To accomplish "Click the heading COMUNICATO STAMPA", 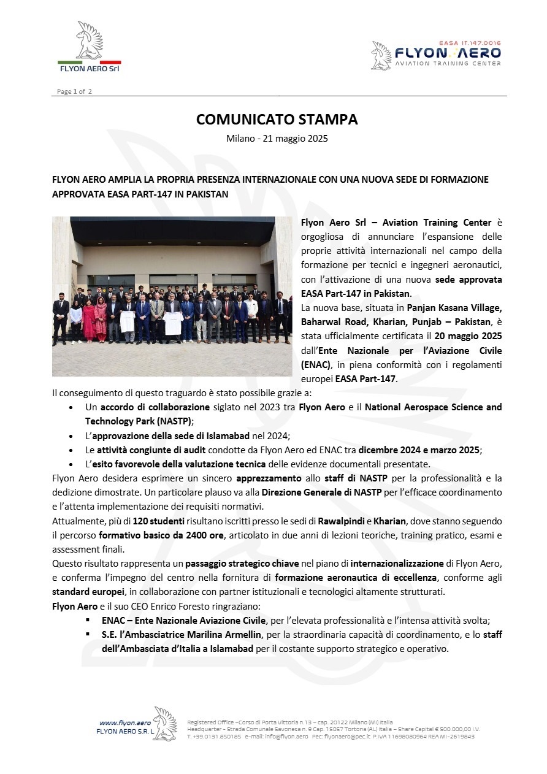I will [277, 119].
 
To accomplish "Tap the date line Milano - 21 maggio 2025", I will [277, 139].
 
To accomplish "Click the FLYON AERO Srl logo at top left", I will [90, 48].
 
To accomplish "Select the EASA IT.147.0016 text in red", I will [470, 43].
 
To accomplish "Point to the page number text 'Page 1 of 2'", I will [74, 91].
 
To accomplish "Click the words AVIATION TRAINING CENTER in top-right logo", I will [448, 64].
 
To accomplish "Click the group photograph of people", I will [172, 296].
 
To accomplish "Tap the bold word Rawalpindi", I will [341, 521].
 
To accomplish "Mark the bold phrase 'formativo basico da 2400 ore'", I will [158, 535].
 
